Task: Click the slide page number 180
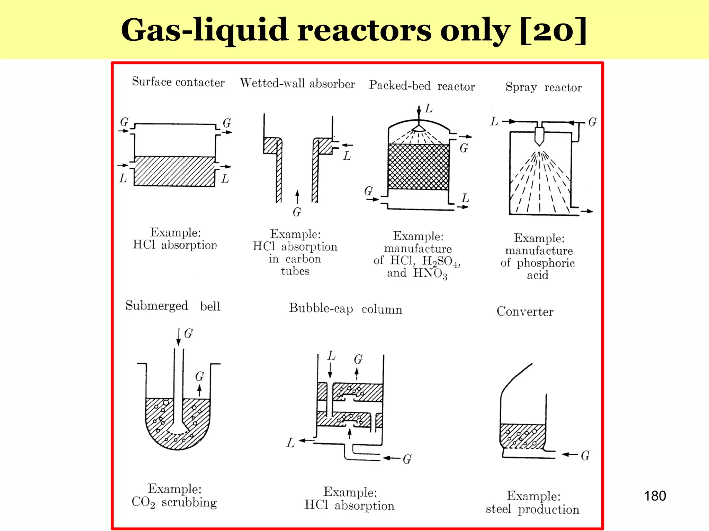click(655, 496)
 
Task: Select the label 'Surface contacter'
click(178, 82)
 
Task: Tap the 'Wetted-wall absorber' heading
click(297, 83)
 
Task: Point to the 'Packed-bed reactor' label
click(422, 86)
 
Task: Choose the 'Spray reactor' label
click(544, 87)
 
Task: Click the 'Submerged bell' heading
click(173, 306)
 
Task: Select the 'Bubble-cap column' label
click(345, 308)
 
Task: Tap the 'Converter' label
click(525, 311)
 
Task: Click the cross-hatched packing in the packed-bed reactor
click(418, 167)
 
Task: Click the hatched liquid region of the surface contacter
click(174, 171)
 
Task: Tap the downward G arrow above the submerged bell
click(179, 337)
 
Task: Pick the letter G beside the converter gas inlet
click(585, 455)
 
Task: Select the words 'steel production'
click(532, 509)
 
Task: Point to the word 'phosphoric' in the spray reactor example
click(546, 263)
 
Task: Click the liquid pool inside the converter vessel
click(523, 436)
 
